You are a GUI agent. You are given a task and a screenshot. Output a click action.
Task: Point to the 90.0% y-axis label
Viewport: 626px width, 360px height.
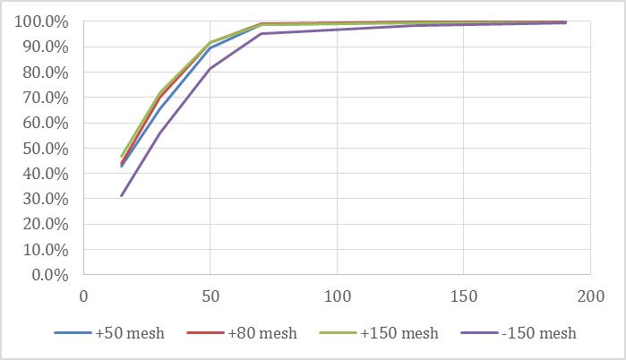(44, 47)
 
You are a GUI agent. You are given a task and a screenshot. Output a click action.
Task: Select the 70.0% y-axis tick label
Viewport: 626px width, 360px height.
(44, 98)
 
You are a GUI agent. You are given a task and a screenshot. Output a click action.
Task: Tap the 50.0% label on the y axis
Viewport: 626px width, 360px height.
(44, 148)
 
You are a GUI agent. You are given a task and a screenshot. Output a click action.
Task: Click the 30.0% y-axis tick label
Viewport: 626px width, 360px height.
(44, 199)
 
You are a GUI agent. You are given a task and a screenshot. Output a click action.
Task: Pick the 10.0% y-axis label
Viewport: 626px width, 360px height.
(44, 250)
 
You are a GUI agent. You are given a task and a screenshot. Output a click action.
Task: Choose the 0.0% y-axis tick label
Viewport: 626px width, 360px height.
(47, 275)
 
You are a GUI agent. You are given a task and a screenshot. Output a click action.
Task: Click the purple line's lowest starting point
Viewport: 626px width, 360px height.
(122, 196)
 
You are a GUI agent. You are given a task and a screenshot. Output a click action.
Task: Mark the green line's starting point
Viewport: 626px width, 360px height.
(122, 157)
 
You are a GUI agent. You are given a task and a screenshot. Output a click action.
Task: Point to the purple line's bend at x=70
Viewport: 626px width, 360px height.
(261, 34)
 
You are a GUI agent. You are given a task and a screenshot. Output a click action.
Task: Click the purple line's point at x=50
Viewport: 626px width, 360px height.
(210, 69)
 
